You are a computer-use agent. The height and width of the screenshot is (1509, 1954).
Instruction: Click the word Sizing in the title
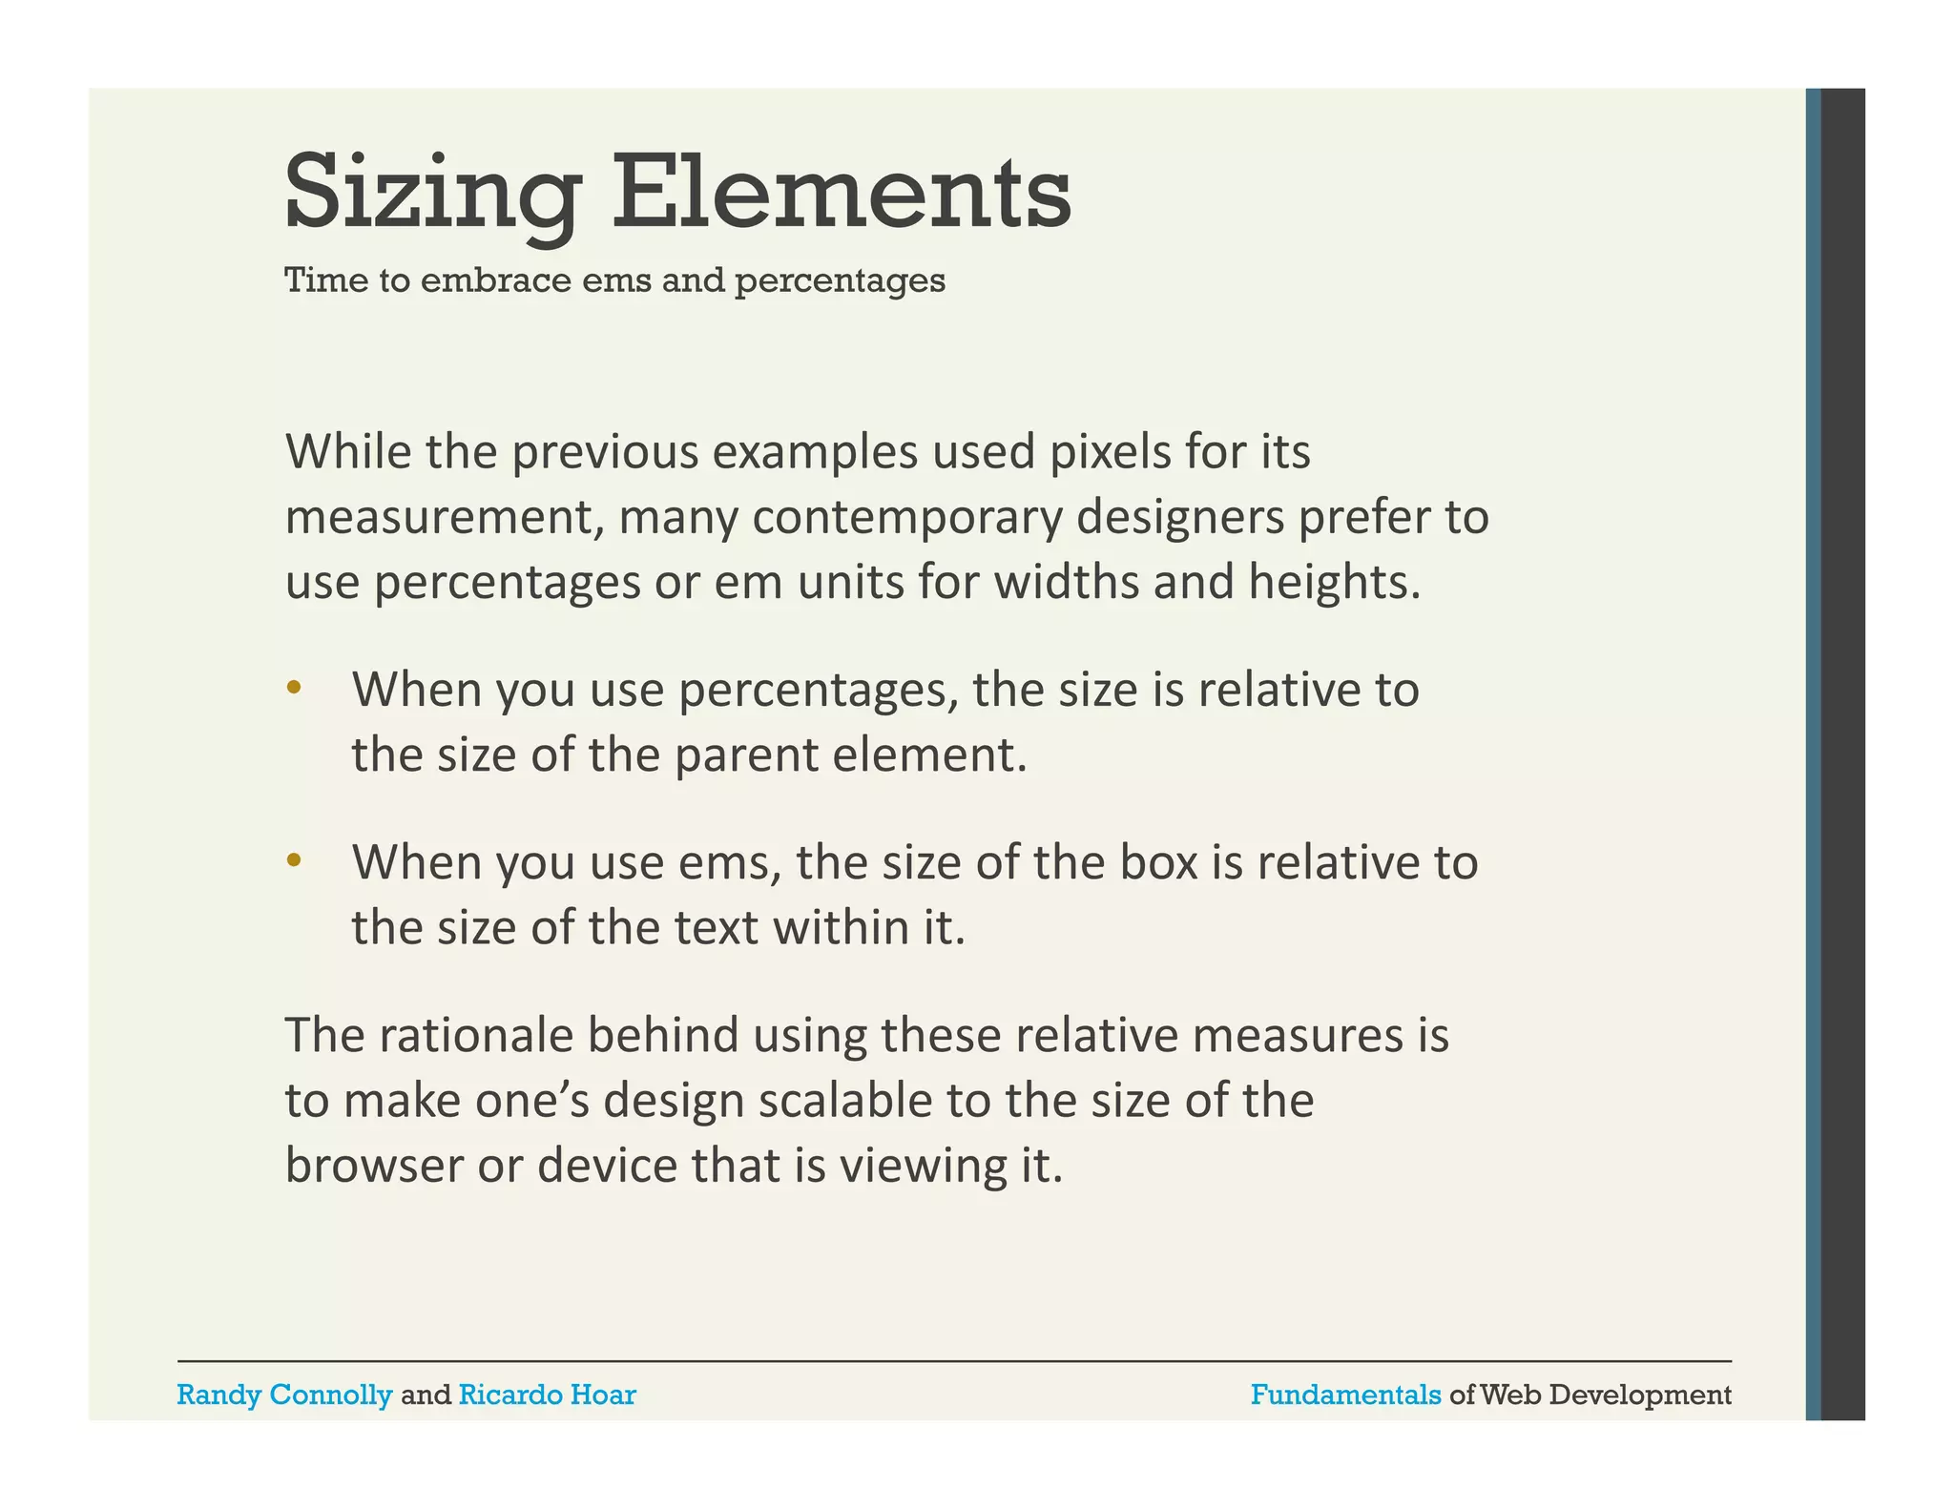tap(432, 194)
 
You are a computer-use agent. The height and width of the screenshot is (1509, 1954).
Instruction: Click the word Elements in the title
tap(841, 194)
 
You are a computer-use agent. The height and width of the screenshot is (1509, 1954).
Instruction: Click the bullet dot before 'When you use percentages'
tap(294, 688)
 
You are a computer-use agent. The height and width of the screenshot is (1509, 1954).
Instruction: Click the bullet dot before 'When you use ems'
tap(294, 860)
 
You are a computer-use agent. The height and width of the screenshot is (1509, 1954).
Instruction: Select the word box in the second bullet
tap(1158, 862)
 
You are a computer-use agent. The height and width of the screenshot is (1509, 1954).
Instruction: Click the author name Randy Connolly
tap(284, 1395)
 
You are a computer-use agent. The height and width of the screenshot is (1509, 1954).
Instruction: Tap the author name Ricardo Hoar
tap(547, 1395)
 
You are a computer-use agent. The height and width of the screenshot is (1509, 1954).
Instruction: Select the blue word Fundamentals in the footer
tap(1345, 1395)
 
